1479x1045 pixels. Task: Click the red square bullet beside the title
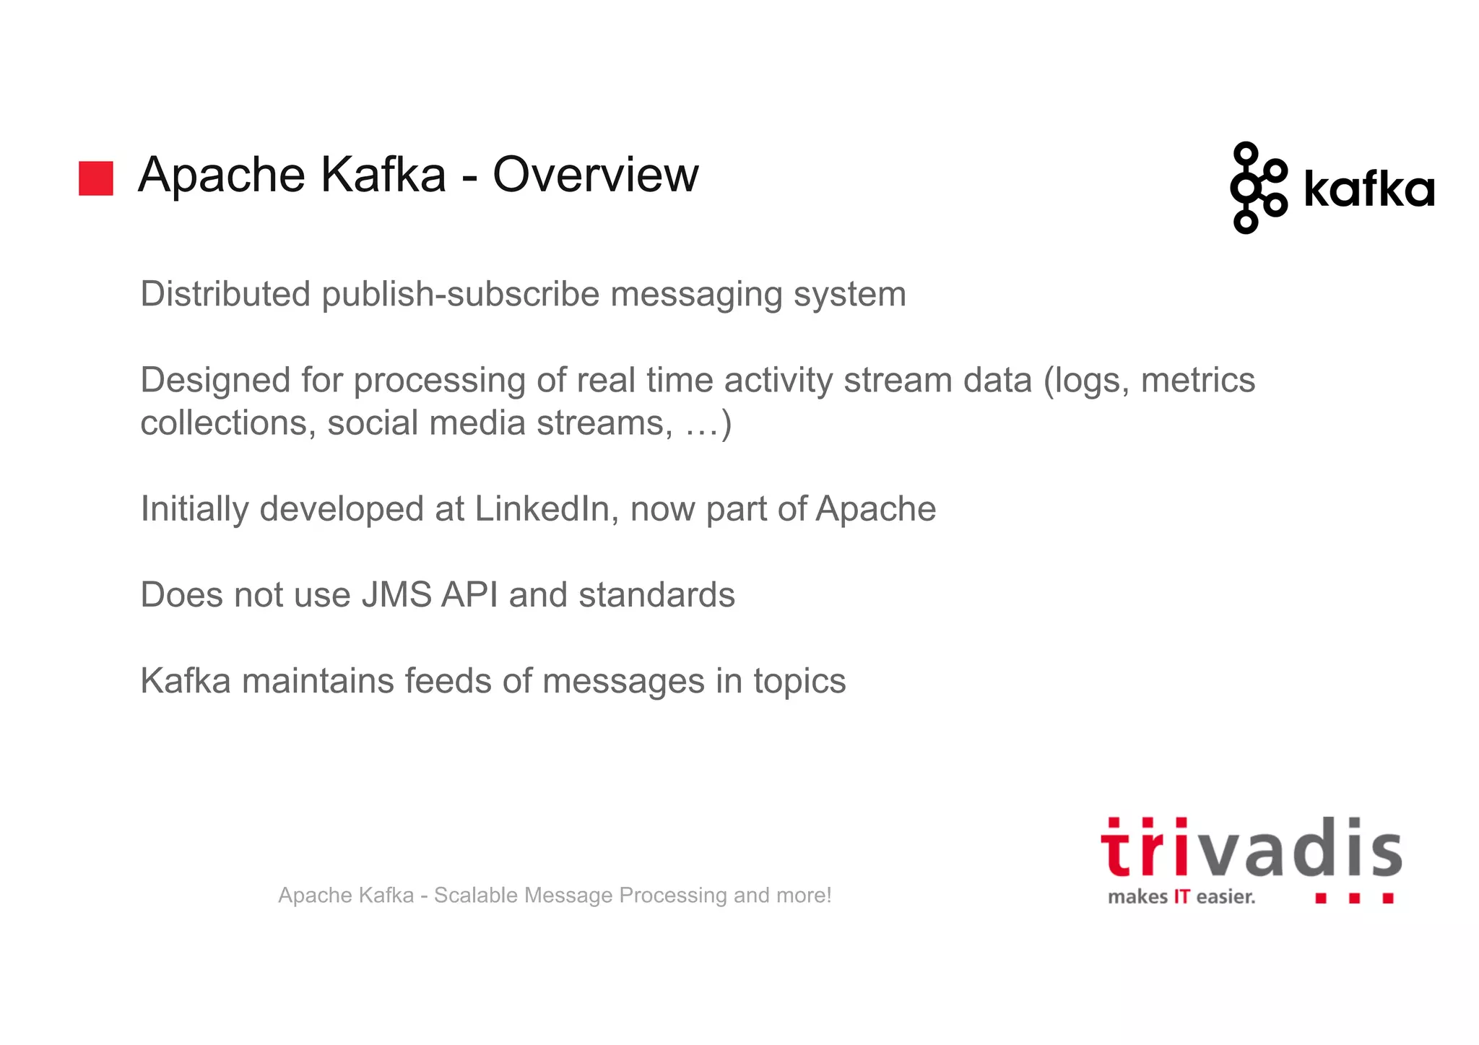point(96,178)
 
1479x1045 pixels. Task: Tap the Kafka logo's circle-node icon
point(1257,188)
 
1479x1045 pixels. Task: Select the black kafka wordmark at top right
point(1369,190)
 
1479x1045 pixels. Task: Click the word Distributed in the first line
point(225,294)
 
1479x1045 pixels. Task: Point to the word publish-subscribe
point(461,295)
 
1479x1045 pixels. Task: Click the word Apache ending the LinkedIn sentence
point(875,508)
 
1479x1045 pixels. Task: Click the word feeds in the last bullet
point(447,680)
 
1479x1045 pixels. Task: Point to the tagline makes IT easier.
point(1181,897)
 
